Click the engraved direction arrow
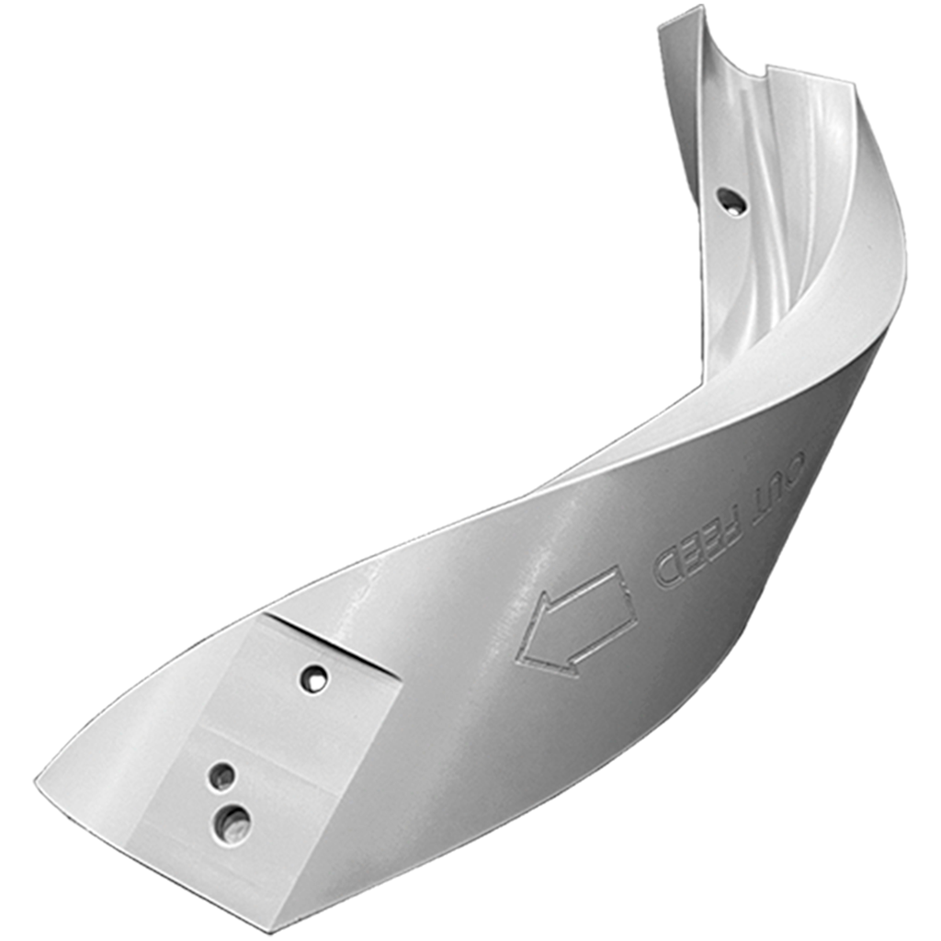575,624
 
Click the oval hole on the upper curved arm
731,201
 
